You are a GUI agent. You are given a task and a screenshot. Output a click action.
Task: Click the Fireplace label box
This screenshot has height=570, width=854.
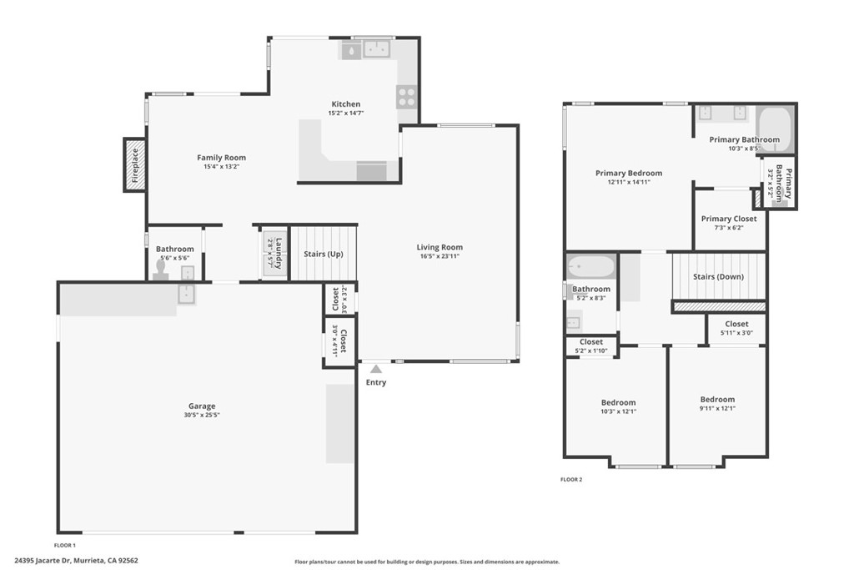tap(135, 164)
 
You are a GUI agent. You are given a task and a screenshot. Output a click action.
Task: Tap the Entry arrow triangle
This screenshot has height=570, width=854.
tap(376, 369)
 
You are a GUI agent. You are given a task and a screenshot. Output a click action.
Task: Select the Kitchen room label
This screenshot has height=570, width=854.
tap(345, 104)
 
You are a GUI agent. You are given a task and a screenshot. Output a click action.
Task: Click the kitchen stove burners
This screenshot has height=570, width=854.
tap(406, 97)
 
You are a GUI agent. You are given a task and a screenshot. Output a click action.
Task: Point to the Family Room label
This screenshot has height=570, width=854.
tap(221, 158)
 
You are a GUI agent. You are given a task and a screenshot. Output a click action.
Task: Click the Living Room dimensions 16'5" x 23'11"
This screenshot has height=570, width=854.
tap(440, 256)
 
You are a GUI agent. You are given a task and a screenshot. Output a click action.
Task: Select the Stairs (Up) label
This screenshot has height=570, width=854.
tap(324, 254)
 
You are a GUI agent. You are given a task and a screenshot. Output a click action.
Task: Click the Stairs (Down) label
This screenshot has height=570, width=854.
tap(719, 276)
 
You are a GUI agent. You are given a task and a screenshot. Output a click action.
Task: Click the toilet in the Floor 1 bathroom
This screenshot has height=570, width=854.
tap(160, 270)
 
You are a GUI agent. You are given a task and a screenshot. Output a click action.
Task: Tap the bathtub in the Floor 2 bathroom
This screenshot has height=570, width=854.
tap(591, 267)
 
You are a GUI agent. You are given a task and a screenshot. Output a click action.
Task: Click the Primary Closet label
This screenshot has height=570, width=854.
tap(729, 219)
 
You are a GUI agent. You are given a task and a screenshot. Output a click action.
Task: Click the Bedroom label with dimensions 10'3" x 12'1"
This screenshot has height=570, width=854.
tap(618, 402)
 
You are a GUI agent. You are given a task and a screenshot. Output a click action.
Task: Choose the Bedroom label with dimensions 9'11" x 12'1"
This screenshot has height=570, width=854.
tap(717, 399)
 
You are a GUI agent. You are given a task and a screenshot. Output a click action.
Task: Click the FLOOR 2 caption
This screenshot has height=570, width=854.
tap(570, 479)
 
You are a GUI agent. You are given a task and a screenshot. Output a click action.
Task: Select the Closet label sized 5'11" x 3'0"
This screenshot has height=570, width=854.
tap(736, 324)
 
